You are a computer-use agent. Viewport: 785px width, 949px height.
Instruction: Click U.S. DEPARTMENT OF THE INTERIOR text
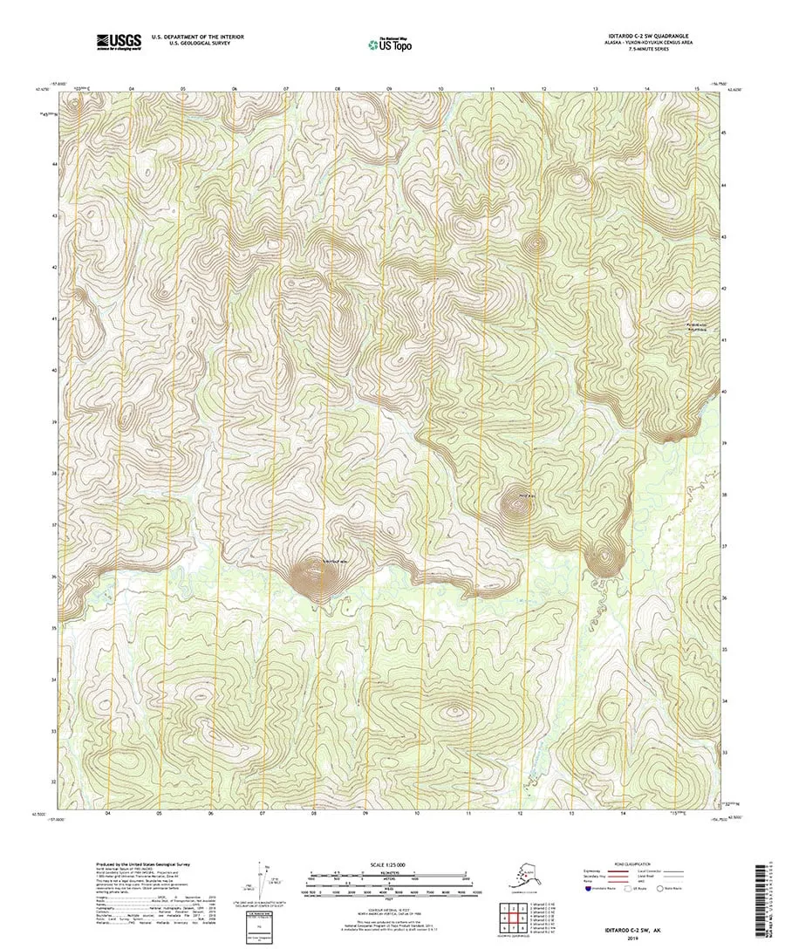pyautogui.click(x=197, y=37)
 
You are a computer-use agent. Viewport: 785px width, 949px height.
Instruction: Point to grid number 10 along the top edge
pyautogui.click(x=441, y=89)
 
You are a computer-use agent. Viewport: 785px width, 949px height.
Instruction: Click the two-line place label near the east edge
pyautogui.click(x=698, y=328)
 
